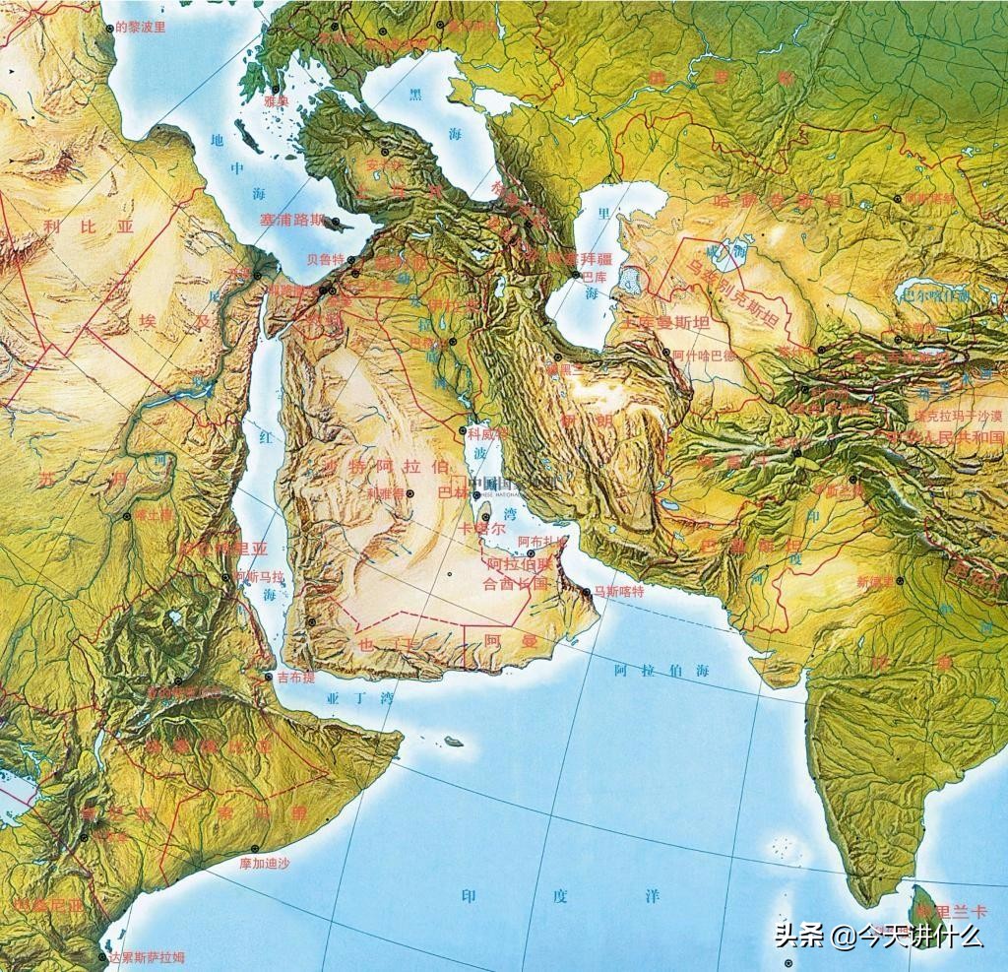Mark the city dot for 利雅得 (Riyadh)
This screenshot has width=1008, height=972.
tap(410, 492)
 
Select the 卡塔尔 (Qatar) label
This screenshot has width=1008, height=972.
tap(483, 529)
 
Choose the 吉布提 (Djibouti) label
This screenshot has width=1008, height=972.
tap(296, 679)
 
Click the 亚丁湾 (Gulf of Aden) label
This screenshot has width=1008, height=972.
tap(359, 698)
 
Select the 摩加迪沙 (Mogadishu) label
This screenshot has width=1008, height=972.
tap(265, 863)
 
